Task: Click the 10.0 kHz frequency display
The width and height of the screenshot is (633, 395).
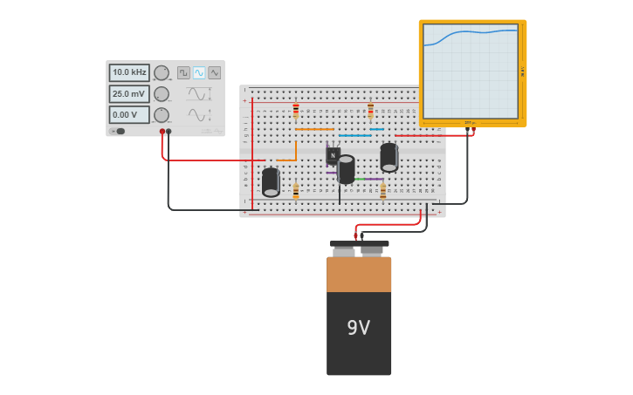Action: (128, 72)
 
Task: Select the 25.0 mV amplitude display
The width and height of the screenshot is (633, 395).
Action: (128, 93)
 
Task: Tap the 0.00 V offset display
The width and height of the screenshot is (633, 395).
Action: (128, 114)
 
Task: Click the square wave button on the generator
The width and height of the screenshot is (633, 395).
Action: (183, 72)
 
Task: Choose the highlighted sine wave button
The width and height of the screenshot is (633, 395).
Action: (199, 72)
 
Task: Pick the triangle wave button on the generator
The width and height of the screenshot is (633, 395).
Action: (214, 72)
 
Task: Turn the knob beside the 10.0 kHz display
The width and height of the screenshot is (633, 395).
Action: (162, 72)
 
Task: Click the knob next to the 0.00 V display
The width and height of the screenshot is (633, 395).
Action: (162, 115)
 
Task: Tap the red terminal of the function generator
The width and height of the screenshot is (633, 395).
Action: (162, 132)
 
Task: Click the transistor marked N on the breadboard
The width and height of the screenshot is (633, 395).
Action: (333, 155)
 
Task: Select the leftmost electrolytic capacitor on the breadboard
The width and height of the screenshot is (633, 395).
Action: (271, 181)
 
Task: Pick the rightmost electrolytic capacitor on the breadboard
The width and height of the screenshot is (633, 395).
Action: (389, 157)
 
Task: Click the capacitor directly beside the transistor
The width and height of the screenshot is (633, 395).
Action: (347, 169)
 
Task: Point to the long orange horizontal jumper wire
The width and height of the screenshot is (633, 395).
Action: (314, 130)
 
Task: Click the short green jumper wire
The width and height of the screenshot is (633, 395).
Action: (359, 179)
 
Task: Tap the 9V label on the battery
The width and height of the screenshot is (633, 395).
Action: (358, 328)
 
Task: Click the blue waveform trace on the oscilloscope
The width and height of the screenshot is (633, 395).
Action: (471, 32)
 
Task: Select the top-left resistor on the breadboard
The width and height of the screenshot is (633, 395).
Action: (296, 111)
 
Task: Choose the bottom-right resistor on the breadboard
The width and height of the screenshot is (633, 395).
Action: (382, 191)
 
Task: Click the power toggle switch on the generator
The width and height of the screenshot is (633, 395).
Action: (118, 132)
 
